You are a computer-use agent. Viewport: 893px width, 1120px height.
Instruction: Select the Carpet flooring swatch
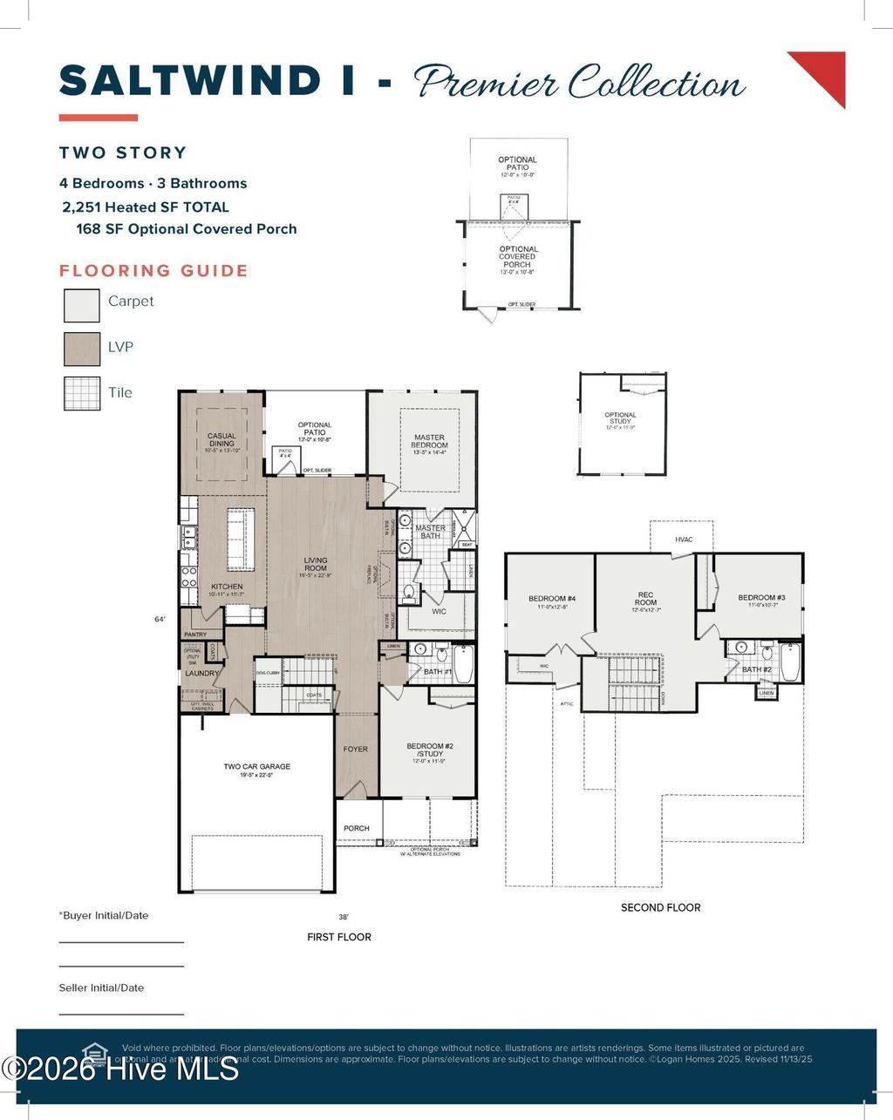81,305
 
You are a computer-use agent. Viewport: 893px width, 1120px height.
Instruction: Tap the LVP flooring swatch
81,349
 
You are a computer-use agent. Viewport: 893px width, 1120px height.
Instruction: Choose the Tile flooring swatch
81,393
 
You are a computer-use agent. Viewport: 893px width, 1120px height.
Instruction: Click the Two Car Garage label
256,767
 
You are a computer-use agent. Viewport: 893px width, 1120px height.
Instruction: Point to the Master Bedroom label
429,441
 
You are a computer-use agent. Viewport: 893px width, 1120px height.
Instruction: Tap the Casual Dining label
222,439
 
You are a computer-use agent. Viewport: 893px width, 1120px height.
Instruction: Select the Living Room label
316,564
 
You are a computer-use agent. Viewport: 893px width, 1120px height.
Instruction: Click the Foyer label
355,749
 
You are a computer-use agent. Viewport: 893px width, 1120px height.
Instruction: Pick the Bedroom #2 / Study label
430,750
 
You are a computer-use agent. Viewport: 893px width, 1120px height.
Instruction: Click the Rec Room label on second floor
645,599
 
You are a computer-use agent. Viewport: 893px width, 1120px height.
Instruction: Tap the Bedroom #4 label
552,599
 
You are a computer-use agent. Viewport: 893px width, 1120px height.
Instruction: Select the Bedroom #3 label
761,598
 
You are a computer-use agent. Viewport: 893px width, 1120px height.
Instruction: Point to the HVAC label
684,540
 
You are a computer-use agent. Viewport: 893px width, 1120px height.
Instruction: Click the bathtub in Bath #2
789,662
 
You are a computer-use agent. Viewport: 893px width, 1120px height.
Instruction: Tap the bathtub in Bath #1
462,664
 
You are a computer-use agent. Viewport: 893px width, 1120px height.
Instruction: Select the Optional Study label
620,418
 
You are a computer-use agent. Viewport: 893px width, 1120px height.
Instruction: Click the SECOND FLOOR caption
660,907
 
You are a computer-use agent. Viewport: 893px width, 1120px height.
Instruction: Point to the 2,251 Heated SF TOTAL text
145,207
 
